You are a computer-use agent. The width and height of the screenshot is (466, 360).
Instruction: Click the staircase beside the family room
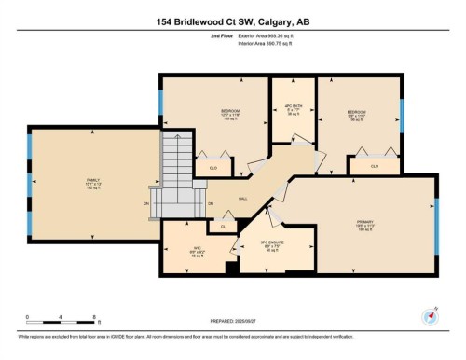174,177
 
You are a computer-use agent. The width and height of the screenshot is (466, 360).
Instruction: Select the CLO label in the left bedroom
213,167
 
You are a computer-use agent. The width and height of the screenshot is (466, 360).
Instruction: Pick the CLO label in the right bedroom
374,166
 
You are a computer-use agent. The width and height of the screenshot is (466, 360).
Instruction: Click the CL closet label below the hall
223,226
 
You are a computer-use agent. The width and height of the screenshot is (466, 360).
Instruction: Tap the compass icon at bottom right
431,315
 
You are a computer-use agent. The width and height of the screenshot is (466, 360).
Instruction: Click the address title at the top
233,19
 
